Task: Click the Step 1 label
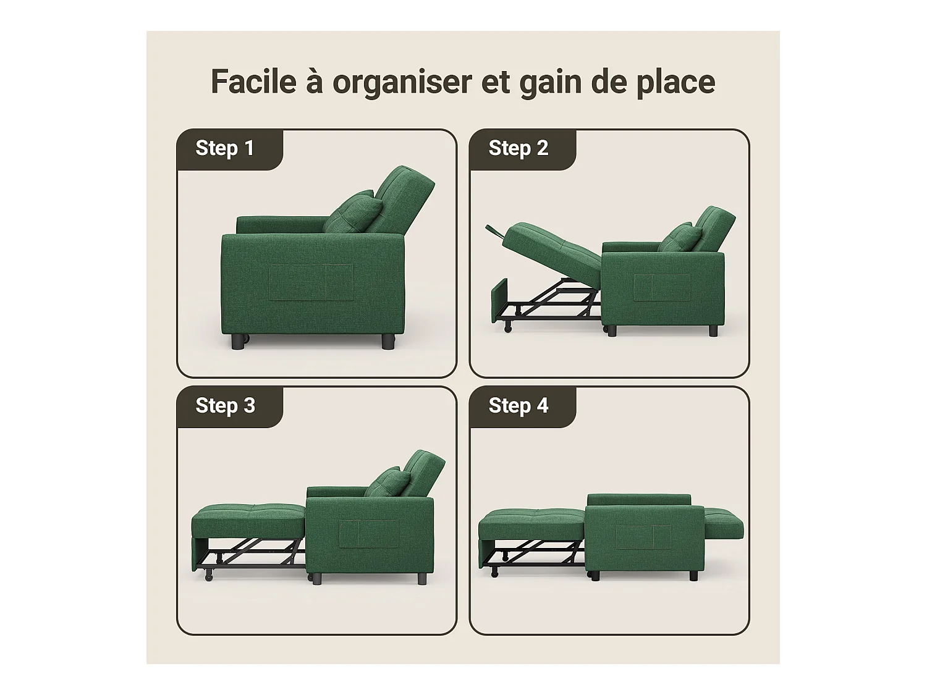(224, 148)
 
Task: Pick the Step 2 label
(518, 148)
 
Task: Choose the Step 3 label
(225, 406)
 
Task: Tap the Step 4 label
(518, 406)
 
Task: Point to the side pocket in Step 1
(310, 282)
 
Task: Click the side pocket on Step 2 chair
(661, 288)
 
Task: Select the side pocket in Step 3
(368, 534)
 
